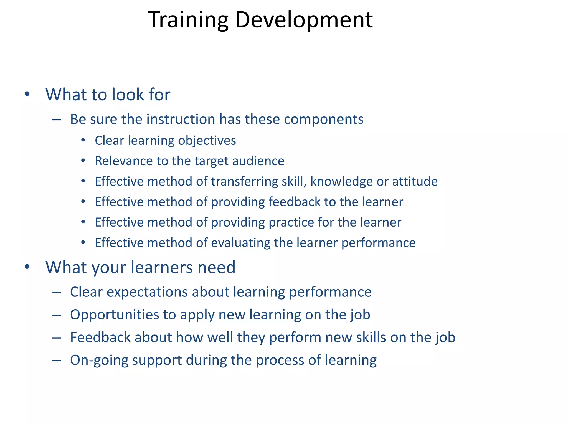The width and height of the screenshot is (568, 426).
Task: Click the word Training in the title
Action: (x=188, y=20)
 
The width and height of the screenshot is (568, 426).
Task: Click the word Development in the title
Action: (x=304, y=20)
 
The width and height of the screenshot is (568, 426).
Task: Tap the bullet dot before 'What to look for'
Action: (x=27, y=94)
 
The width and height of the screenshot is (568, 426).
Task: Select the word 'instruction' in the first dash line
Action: (x=181, y=119)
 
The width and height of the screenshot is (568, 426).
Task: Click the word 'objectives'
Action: (x=207, y=141)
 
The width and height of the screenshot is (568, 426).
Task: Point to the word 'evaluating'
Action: (x=240, y=243)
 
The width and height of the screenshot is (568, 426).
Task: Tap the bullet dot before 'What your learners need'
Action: (x=27, y=267)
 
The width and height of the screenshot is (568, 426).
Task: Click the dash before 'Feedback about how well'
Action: (x=56, y=338)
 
